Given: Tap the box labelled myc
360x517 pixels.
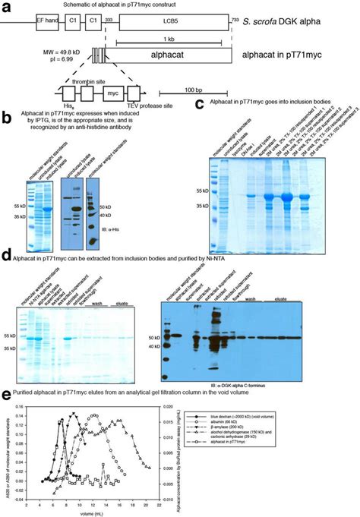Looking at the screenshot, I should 111,96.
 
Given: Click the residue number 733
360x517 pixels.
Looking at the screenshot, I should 235,8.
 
